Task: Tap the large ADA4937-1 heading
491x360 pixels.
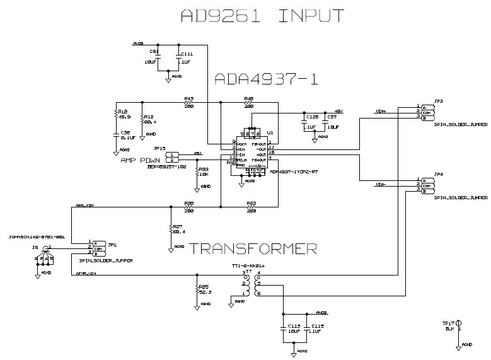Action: coord(265,79)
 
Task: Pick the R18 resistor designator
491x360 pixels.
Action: coord(123,111)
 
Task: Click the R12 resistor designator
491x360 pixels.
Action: coord(149,117)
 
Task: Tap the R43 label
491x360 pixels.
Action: coord(188,98)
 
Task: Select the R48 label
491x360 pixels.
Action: coord(248,98)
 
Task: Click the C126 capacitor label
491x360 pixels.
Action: coord(311,117)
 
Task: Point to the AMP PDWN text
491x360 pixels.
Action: coord(142,160)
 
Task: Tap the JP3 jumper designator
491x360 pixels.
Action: coord(438,101)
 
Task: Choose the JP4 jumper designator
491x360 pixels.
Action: coord(438,173)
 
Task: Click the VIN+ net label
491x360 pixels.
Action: coord(381,112)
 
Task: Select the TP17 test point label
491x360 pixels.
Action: coord(448,323)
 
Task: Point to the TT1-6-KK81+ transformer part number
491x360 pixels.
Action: coord(248,267)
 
